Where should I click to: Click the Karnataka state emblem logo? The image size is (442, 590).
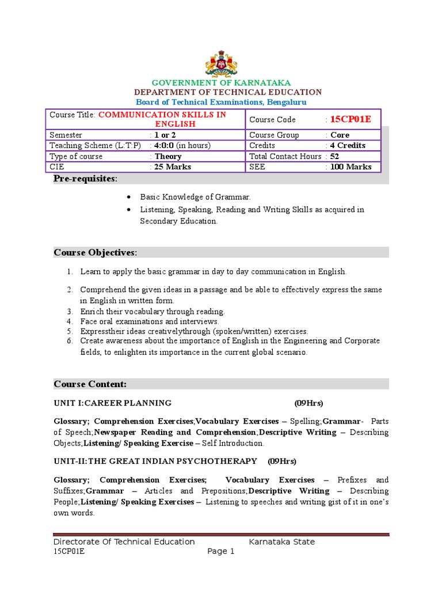coord(221,63)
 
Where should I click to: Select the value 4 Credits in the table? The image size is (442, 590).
coord(348,146)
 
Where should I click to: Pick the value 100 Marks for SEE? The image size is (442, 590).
coord(350,167)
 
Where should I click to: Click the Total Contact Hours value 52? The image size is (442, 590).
coord(334,156)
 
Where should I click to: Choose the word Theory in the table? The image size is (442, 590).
coord(168,157)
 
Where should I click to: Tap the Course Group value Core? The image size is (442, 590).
coord(340,135)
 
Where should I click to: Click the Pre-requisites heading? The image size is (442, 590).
coord(85,179)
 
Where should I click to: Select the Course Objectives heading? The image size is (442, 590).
coord(96,252)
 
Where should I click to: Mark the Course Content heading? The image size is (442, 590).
coord(90,384)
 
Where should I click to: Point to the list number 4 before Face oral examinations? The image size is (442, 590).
coord(69,321)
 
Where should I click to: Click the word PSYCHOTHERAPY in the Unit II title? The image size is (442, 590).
coord(221,462)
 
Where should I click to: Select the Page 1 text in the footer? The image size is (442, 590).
coord(221,551)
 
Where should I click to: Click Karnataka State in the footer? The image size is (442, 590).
coord(281,542)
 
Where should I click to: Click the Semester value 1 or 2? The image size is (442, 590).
coord(165,135)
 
